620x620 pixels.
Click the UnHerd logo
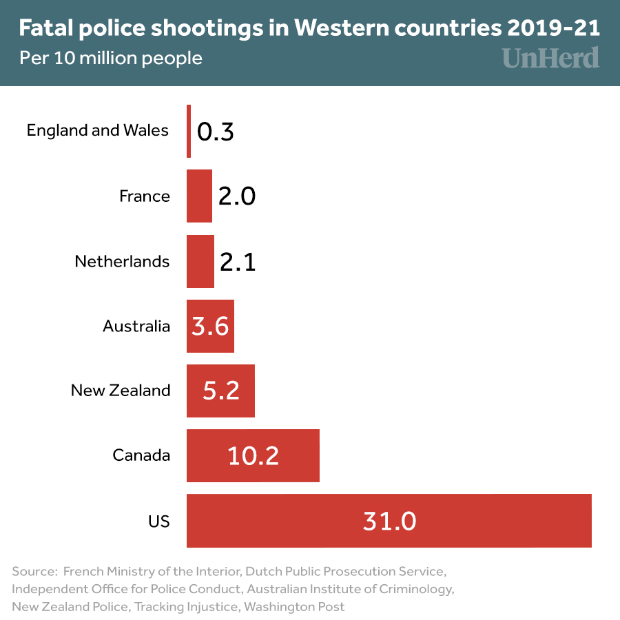click(x=550, y=58)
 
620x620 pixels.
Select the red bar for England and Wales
click(x=189, y=131)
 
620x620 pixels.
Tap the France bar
click(x=199, y=196)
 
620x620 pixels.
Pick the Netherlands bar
click(x=200, y=261)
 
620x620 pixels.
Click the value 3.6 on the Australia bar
click(x=210, y=326)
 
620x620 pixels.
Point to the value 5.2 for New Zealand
click(x=221, y=391)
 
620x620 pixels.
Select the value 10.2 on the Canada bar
click(x=254, y=455)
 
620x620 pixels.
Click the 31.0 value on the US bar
click(x=389, y=521)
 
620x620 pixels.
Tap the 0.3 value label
click(x=216, y=132)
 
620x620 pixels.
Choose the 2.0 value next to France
click(x=237, y=196)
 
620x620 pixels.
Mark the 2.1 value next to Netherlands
click(x=238, y=262)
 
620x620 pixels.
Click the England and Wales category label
click(x=98, y=130)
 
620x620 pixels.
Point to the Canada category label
click(x=141, y=455)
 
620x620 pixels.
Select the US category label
click(x=158, y=521)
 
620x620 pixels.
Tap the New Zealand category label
click(x=121, y=391)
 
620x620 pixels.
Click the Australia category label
click(x=136, y=326)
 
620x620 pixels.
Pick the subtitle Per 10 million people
click(x=111, y=58)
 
